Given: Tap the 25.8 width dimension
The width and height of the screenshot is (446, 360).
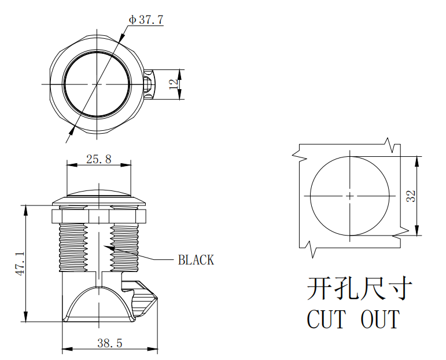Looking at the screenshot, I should point(98,159).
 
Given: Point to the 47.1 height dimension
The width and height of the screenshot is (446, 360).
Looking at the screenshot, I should point(19,263).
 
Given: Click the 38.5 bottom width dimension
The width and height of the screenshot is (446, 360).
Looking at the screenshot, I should point(109,343).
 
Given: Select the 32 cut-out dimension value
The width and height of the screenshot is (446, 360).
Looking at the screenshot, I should point(411,196).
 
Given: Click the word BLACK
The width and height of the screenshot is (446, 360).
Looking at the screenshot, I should point(196,260).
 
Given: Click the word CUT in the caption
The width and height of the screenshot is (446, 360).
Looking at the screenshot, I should point(326,319).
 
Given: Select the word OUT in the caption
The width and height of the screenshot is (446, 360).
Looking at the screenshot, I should point(380,319).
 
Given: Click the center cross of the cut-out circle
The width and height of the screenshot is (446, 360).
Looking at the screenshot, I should point(349,196).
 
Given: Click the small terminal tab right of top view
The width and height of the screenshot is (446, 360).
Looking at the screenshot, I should point(149,85).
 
